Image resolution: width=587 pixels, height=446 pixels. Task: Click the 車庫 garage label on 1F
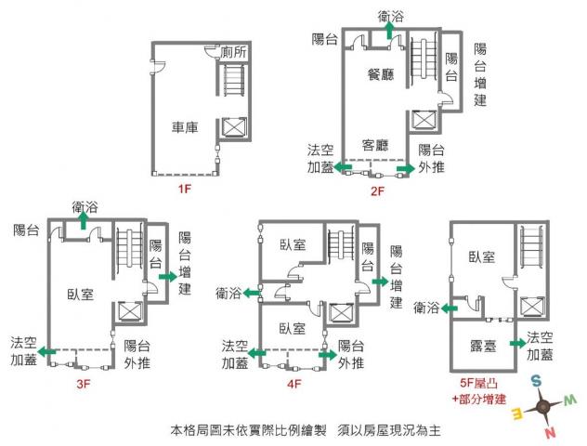(185, 127)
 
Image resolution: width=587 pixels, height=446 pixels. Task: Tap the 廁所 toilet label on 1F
(234, 52)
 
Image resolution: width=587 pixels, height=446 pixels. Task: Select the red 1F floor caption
(185, 189)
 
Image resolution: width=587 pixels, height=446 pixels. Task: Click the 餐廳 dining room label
(381, 74)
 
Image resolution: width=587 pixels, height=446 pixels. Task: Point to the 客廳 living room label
(375, 145)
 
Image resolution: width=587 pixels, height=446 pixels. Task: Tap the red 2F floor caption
(377, 191)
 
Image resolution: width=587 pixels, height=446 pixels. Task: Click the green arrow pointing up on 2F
(389, 31)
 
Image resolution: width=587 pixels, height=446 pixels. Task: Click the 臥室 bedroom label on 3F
(80, 295)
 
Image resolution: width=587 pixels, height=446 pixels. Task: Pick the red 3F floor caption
(84, 384)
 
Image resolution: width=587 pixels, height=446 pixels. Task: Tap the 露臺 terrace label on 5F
(483, 346)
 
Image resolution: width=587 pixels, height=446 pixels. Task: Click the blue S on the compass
(537, 381)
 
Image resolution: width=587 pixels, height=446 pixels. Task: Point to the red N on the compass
(550, 433)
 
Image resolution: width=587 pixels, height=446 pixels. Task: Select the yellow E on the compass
(517, 414)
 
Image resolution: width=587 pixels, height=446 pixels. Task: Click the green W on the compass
(569, 400)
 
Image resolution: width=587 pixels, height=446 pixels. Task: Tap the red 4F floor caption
(294, 384)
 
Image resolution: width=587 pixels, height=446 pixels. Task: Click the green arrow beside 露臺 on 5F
(517, 344)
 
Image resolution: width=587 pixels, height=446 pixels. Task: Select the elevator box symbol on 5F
(533, 307)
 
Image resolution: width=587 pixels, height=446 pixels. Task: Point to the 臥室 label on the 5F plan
(482, 256)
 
